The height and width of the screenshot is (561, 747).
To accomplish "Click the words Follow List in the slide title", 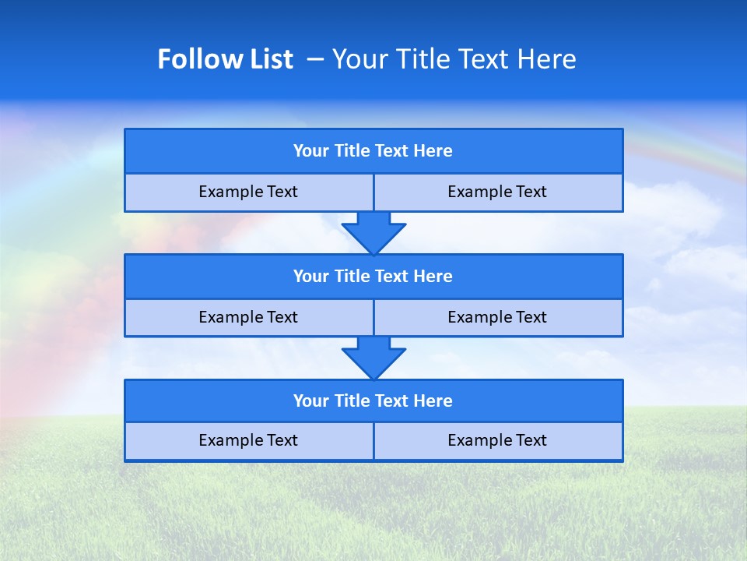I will click(x=225, y=59).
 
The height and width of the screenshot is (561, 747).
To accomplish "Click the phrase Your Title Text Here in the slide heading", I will click(x=454, y=59).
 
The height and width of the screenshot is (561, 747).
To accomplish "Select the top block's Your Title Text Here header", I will click(x=373, y=151).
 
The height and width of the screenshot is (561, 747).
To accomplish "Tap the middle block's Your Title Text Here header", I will click(x=373, y=277).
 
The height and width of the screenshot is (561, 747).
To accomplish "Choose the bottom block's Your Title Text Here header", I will click(x=373, y=401).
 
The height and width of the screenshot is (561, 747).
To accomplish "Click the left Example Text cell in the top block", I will click(x=248, y=192).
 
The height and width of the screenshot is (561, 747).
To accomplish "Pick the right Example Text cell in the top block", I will click(x=497, y=192).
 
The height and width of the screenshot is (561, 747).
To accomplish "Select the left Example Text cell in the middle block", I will click(x=248, y=318).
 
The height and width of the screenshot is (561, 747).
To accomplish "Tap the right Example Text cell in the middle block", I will click(x=497, y=318).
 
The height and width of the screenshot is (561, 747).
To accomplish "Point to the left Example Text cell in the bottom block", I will click(x=248, y=441).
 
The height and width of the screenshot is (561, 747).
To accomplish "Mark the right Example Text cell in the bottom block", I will click(x=497, y=441).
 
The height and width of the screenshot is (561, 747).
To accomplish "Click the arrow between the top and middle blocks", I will click(x=373, y=232).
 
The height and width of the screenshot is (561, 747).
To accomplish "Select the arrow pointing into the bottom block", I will click(x=373, y=358).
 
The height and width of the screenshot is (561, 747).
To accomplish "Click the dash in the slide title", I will click(x=315, y=59).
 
